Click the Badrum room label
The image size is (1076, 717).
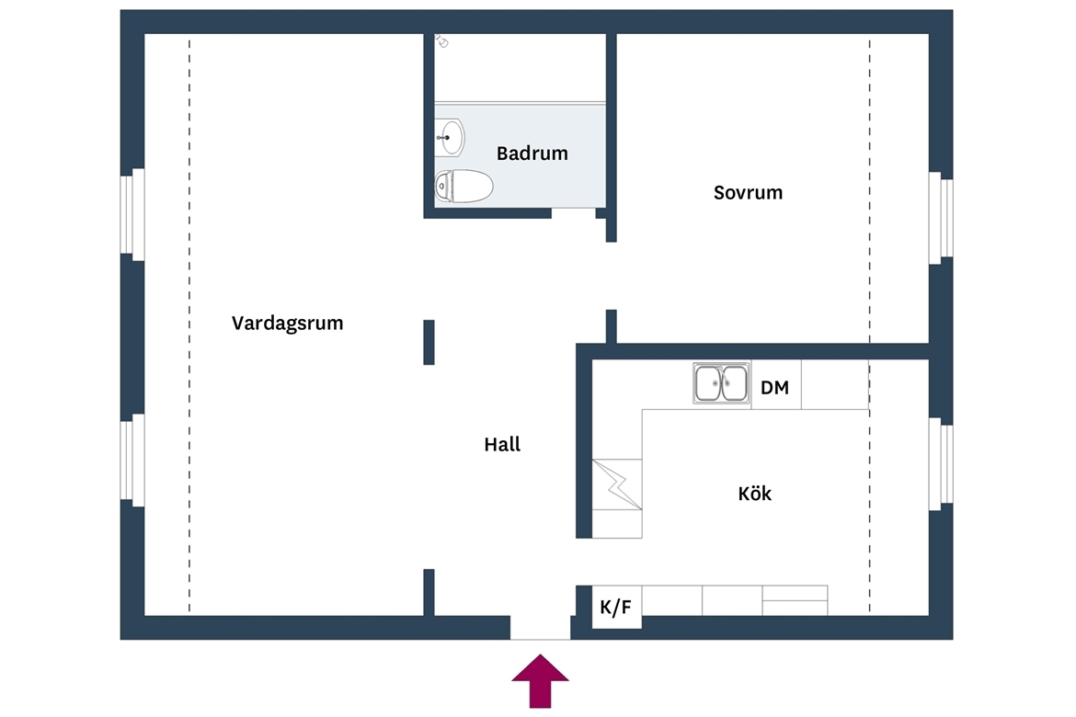[x=532, y=153]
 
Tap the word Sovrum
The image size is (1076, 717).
[x=748, y=192]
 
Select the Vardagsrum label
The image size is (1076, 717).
[x=288, y=324]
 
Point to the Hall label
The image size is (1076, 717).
[x=502, y=445]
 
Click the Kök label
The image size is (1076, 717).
[x=755, y=494]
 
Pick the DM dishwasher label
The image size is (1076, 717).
[x=774, y=388]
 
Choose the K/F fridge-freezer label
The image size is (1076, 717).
[x=615, y=608]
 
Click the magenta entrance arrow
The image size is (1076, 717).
[x=540, y=680]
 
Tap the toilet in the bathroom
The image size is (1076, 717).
[x=464, y=186]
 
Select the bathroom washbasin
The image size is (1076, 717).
[x=450, y=137]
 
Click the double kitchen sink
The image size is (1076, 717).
[x=720, y=382]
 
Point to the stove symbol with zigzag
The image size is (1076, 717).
[x=617, y=484]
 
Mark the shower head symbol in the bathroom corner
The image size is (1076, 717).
[x=441, y=41]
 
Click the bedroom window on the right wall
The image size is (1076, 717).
[x=941, y=218]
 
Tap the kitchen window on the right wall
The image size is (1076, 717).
[x=941, y=464]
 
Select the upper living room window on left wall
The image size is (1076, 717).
[x=132, y=215]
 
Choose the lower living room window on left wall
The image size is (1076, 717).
[x=132, y=461]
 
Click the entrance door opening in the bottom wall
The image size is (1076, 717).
[x=540, y=628]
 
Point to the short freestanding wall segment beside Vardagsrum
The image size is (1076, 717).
[x=429, y=342]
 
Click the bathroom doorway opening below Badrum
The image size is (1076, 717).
[x=574, y=213]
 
